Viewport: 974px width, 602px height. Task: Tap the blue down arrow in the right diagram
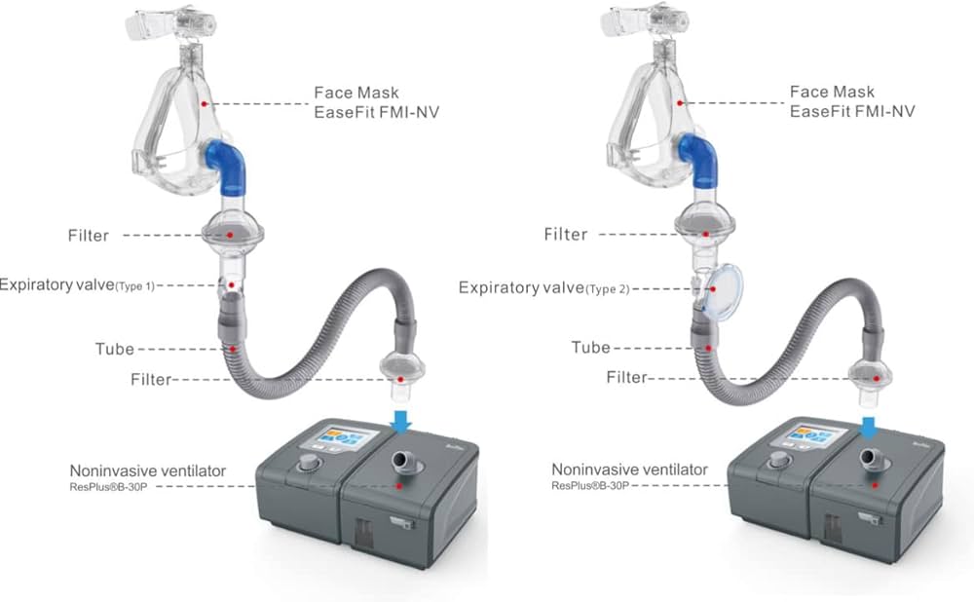[869, 428]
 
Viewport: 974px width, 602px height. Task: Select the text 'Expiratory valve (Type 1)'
[76, 285]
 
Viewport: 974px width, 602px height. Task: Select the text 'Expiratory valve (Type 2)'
[544, 288]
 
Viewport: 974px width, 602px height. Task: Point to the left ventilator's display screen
[346, 440]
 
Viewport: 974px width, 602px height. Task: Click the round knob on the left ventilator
[307, 463]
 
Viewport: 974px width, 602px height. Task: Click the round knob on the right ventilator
[777, 461]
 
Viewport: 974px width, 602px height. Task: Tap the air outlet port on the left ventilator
[402, 462]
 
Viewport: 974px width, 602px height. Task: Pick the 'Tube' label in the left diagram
[115, 349]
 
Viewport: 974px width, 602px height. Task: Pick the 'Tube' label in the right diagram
[591, 348]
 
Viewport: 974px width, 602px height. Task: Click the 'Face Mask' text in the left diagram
[356, 93]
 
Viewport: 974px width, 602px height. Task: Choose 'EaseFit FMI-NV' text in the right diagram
[852, 111]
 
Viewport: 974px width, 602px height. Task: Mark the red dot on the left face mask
[204, 104]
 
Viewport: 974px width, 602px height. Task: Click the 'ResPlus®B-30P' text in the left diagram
[108, 487]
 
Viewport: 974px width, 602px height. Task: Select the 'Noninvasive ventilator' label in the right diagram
[629, 470]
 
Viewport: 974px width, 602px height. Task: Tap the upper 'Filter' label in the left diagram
[89, 236]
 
